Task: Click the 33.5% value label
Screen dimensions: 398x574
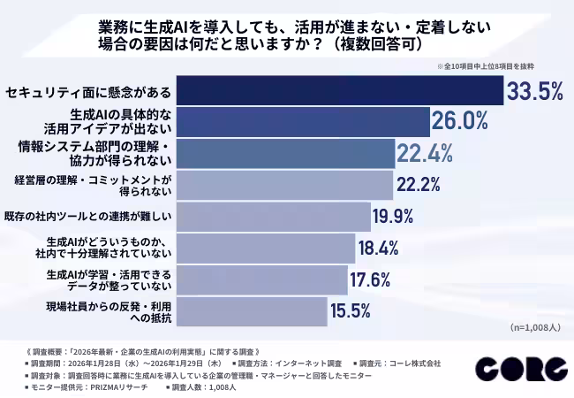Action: click(534, 91)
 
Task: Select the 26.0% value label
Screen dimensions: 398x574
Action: click(459, 121)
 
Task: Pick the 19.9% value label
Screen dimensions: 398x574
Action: click(400, 215)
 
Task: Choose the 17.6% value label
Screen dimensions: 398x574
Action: click(376, 279)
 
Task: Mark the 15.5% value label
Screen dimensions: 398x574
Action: click(356, 310)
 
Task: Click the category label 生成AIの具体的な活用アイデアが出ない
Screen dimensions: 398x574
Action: click(122, 121)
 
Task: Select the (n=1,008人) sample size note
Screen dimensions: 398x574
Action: click(534, 328)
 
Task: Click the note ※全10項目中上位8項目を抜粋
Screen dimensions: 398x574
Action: click(499, 66)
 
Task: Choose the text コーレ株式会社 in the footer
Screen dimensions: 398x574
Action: click(412, 363)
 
